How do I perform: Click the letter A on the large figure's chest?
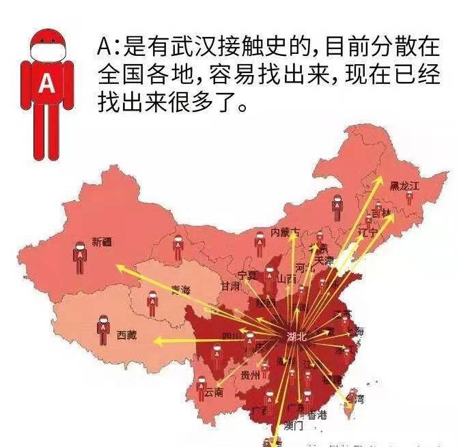tap(46, 83)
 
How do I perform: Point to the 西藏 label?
tap(127, 335)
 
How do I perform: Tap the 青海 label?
tap(181, 289)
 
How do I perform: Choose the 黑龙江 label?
tap(404, 185)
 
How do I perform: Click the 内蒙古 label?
tap(285, 232)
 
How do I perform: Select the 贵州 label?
tap(251, 375)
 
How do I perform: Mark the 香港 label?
tap(318, 415)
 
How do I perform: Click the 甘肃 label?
tap(230, 287)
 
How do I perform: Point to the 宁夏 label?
tap(247, 276)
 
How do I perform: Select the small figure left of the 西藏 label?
tap(103, 330)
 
